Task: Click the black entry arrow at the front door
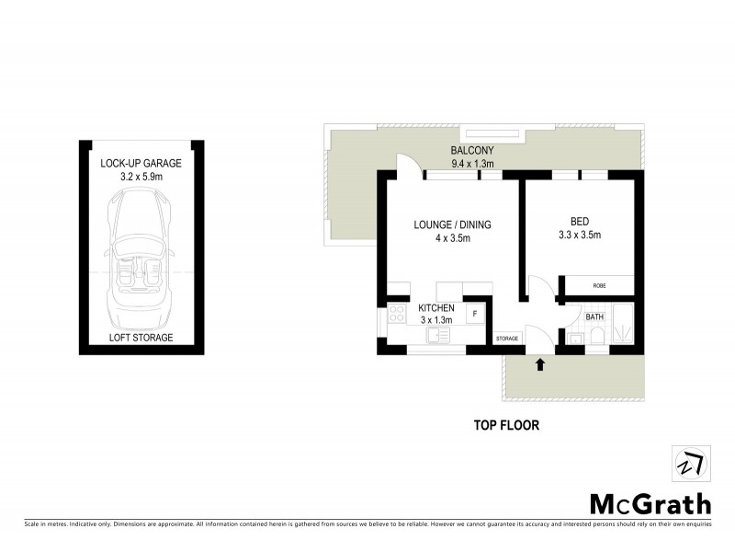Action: (x=539, y=364)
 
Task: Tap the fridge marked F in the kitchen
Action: (x=475, y=315)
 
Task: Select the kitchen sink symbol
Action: (x=436, y=336)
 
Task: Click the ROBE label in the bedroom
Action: (x=599, y=285)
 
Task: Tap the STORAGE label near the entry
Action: (x=507, y=339)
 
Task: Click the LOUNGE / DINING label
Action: (x=452, y=224)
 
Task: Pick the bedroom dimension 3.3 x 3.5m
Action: (x=579, y=236)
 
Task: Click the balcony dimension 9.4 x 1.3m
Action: (x=473, y=165)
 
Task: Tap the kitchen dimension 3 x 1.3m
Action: (x=436, y=320)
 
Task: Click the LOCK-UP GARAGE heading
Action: (x=141, y=164)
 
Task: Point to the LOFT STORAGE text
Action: (x=141, y=338)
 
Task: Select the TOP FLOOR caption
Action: (x=505, y=426)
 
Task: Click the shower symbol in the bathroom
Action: (x=622, y=327)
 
